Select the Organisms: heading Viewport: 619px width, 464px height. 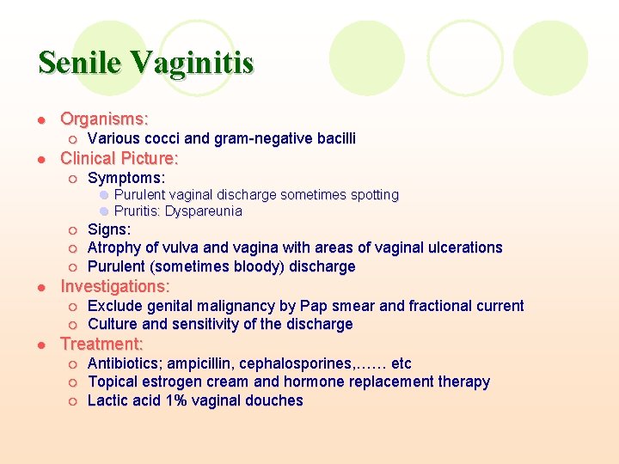point(104,119)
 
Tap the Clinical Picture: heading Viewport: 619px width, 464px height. point(119,158)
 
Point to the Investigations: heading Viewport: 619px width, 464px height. point(114,286)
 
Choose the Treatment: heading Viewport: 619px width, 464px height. point(101,344)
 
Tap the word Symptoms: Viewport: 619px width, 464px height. point(126,178)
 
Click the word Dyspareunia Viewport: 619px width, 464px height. point(204,211)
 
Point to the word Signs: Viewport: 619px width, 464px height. point(109,229)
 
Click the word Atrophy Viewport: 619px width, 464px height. point(115,247)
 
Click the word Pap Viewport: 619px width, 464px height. point(315,306)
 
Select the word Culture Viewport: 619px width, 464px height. point(114,324)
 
